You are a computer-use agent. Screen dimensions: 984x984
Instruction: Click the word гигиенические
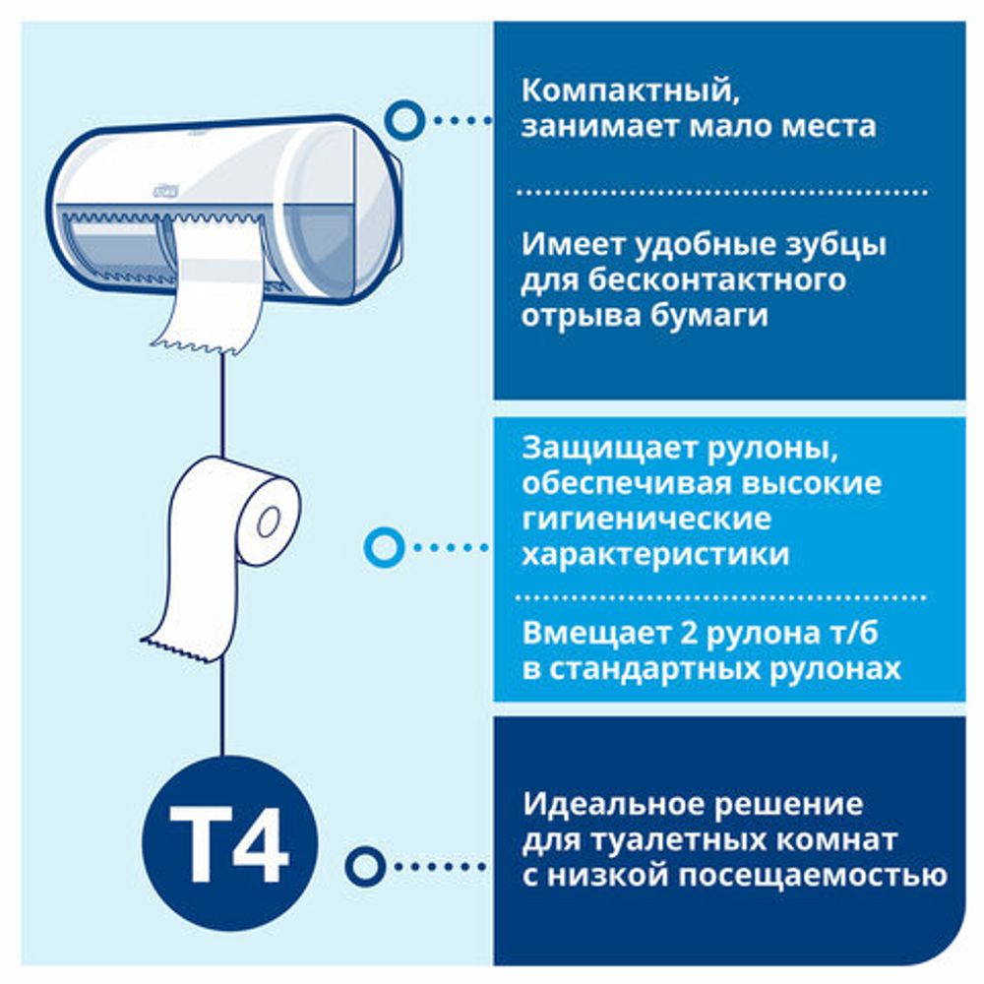646,519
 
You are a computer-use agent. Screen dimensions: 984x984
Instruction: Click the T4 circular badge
229,842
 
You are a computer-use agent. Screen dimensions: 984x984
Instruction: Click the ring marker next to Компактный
405,120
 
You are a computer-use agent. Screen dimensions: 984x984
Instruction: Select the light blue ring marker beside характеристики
383,546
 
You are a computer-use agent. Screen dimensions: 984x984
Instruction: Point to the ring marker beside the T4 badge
366,866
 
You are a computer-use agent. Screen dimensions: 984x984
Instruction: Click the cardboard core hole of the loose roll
269,523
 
